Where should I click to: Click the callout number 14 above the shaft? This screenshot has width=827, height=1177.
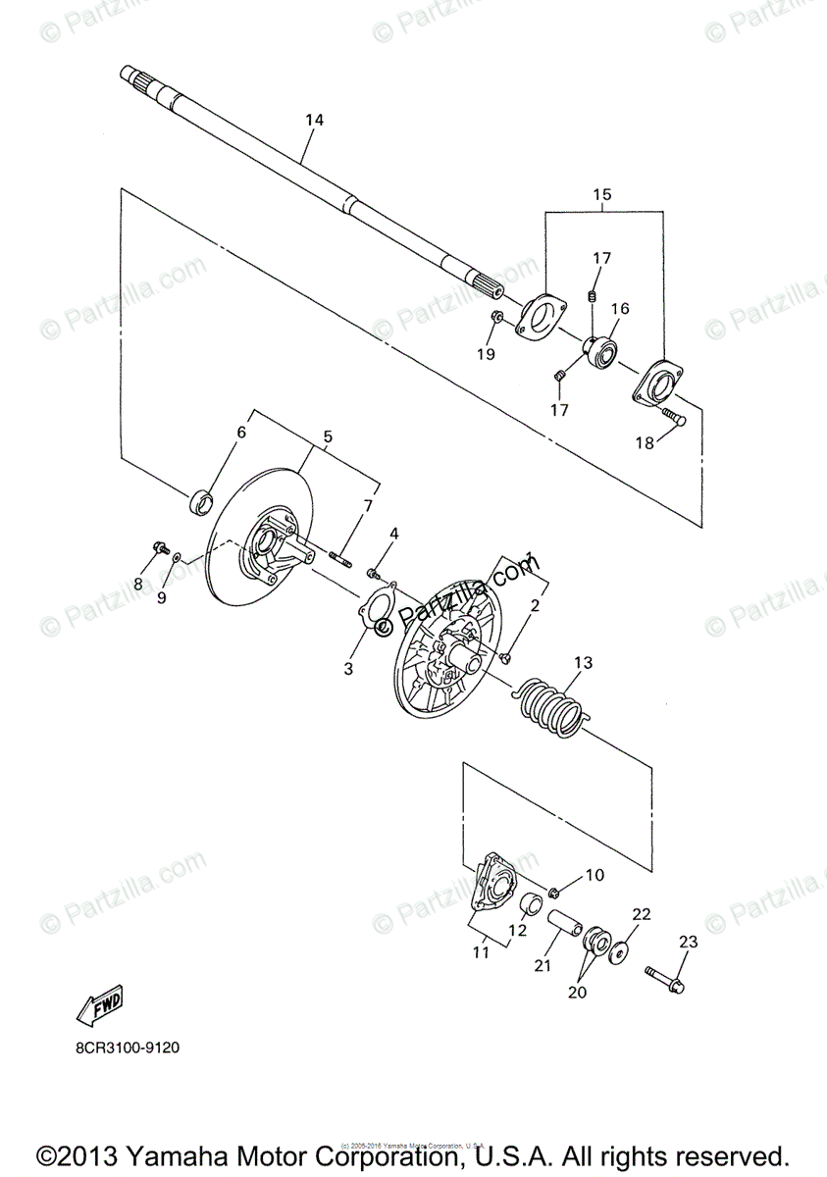pos(314,120)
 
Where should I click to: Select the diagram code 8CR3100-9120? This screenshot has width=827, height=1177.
pos(128,1048)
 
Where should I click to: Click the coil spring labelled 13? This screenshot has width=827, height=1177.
pos(551,706)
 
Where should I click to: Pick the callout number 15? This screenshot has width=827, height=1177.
pos(601,194)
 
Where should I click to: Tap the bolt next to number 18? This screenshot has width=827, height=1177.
pos(669,419)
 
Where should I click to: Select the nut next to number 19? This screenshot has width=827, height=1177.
pos(496,317)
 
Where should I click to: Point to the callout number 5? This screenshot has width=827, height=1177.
pos(328,435)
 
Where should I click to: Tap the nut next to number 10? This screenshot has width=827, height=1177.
pos(554,891)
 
